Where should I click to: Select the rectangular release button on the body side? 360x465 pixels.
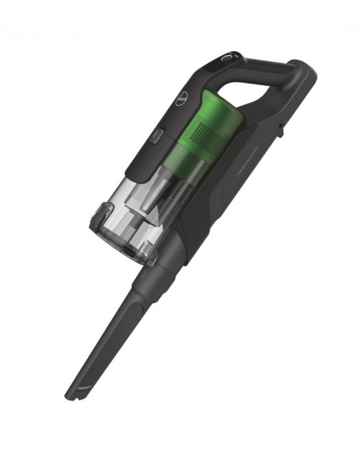156,138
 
